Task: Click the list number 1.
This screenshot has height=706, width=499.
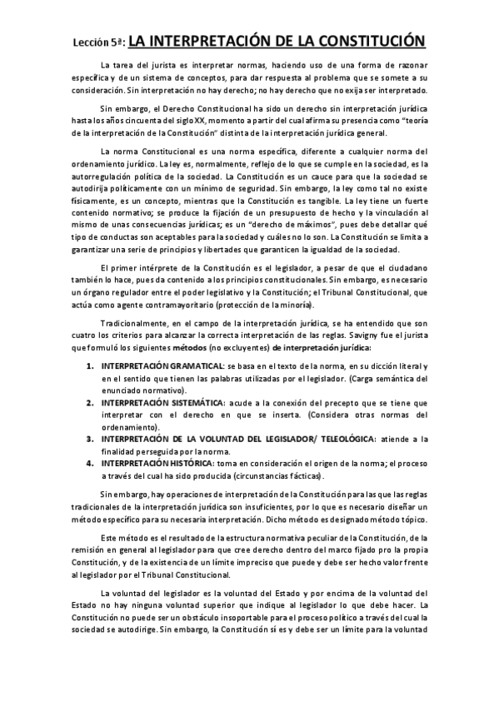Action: point(90,366)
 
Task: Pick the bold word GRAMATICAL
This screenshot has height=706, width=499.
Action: point(192,366)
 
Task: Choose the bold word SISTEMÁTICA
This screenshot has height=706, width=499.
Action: point(192,402)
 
